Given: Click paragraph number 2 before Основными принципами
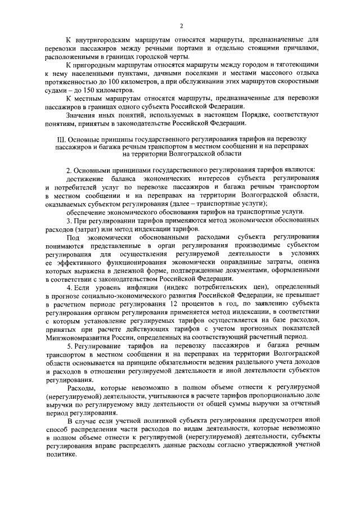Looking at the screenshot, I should pyautogui.click(x=68, y=170).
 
